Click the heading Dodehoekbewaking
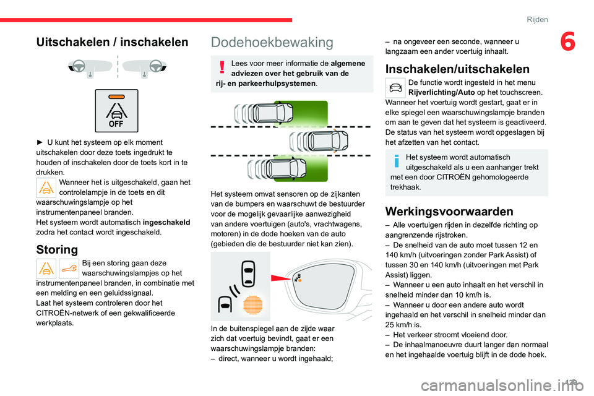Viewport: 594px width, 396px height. (272, 42)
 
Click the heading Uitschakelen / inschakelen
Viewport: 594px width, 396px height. (112, 42)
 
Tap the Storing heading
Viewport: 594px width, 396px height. (58, 250)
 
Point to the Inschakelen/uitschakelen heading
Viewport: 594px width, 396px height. (457, 69)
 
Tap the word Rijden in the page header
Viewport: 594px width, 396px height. (537, 19)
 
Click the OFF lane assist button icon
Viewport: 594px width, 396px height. (117, 111)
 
